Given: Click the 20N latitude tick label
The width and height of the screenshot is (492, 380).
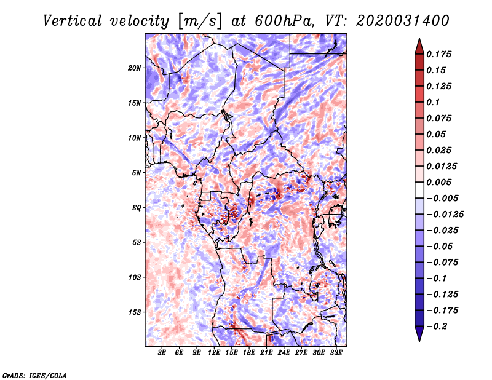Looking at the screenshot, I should click(135, 68).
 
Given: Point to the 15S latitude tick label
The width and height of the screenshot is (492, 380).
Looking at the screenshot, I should click(135, 312).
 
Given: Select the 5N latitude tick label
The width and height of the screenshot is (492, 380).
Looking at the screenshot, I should click(137, 173).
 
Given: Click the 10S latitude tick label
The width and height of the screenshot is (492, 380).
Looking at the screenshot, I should click(135, 277).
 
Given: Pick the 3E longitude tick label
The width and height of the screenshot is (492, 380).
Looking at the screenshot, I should click(162, 353).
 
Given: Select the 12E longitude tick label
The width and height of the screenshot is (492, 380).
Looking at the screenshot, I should click(215, 353).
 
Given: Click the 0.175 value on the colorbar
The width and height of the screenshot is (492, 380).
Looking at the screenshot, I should click(441, 55).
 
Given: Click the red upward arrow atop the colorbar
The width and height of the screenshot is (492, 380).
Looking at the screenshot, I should click(419, 44).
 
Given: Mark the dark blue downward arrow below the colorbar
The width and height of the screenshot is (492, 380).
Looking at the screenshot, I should click(419, 334).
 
